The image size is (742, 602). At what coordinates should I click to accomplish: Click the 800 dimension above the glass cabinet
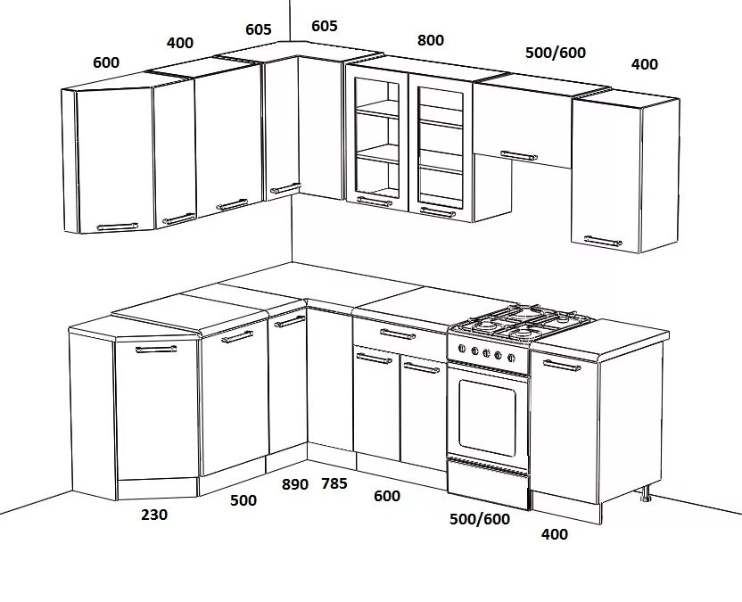(430, 40)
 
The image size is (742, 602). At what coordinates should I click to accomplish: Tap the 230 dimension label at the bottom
(153, 515)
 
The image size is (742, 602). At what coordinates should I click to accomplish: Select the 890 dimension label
(294, 484)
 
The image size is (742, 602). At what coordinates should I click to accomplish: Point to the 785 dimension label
(334, 484)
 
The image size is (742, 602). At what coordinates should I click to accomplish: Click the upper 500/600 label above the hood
(556, 53)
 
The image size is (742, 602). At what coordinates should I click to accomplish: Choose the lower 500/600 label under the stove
(480, 519)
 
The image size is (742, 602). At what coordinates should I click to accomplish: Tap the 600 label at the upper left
(105, 62)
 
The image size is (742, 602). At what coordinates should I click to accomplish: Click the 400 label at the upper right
(644, 64)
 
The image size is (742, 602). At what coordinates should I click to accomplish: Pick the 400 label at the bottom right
(554, 534)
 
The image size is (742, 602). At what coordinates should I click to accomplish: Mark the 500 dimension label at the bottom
(243, 500)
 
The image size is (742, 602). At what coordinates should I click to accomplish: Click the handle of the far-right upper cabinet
(604, 240)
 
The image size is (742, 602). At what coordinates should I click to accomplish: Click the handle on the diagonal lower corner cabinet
(156, 350)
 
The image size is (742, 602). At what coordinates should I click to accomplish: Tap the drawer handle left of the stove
(399, 334)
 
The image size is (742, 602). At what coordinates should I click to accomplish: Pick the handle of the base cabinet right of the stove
(560, 365)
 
